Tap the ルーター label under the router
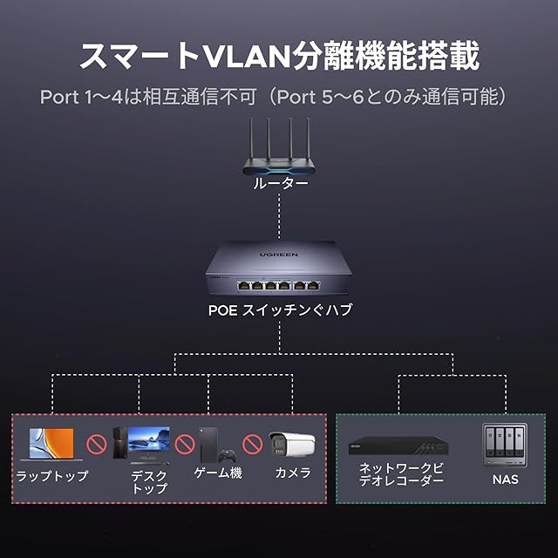coord(281,184)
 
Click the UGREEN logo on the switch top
coord(279,255)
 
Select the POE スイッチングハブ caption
coord(280,310)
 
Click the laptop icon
coord(51,444)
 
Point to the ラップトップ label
coord(52,475)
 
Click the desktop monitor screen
coord(149,439)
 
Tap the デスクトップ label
coord(149,482)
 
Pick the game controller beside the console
coord(227,455)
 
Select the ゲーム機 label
coord(218,473)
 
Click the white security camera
coord(292,444)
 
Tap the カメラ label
coord(293,473)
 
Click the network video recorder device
coord(398,446)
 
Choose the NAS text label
coord(506,480)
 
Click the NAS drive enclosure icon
coord(505,446)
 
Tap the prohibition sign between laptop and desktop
coord(97,444)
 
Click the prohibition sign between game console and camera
coord(253,444)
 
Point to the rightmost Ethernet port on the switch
coord(313,285)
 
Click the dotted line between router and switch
coord(279,216)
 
